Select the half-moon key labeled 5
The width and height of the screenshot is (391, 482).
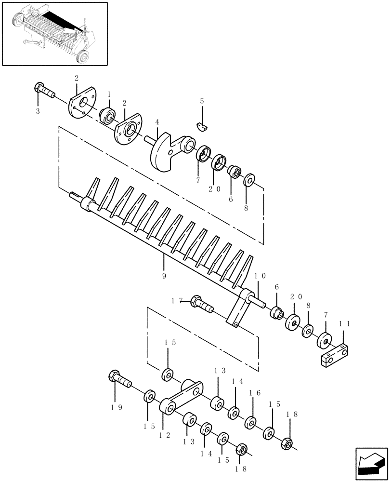click(x=203, y=126)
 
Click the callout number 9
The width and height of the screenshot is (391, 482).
click(x=164, y=276)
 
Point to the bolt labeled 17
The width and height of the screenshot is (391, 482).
click(x=202, y=304)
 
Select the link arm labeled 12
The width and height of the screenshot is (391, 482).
click(x=183, y=395)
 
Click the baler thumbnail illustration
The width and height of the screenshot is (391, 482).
click(x=54, y=33)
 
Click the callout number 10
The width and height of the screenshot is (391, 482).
click(x=261, y=277)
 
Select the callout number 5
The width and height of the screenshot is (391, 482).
click(x=202, y=101)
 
